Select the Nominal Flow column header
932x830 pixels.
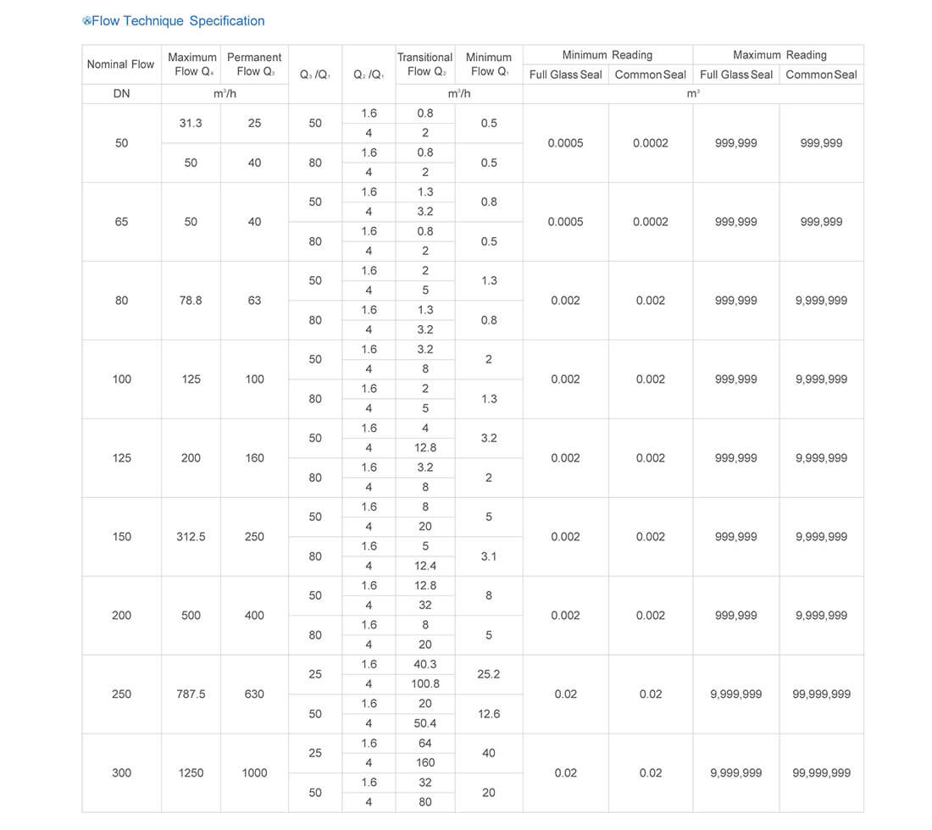[121, 64]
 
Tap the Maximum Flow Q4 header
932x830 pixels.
[191, 64]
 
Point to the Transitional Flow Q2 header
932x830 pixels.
[425, 64]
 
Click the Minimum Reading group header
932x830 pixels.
[607, 55]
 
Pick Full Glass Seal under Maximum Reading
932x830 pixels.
[736, 75]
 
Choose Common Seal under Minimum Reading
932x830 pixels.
[651, 75]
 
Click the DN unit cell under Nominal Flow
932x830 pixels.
[121, 94]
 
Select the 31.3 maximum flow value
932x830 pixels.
[191, 124]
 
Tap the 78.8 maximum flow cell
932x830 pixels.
[191, 301]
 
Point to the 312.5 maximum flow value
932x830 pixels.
[191, 537]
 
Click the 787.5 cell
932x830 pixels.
[191, 694]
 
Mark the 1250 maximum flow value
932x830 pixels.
[191, 773]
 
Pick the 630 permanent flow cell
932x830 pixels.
[254, 694]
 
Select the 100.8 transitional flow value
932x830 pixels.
[425, 684]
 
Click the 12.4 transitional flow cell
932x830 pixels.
[425, 566]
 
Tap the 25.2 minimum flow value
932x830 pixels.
[489, 675]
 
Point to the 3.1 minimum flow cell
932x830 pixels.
[489, 556]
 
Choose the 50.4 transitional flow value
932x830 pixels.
[425, 723]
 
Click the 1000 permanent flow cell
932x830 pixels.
[254, 773]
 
